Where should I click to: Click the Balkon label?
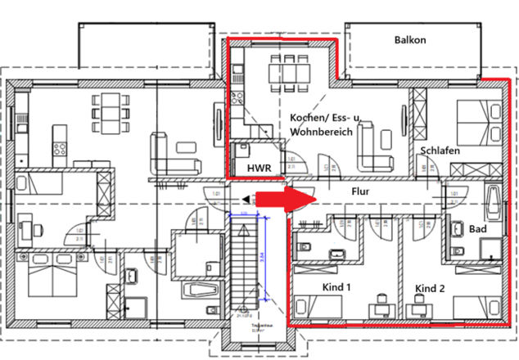(x=410, y=40)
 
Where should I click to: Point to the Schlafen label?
(x=440, y=151)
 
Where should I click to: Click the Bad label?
(x=478, y=229)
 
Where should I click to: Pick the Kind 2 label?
(x=431, y=288)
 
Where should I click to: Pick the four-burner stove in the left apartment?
(x=60, y=150)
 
